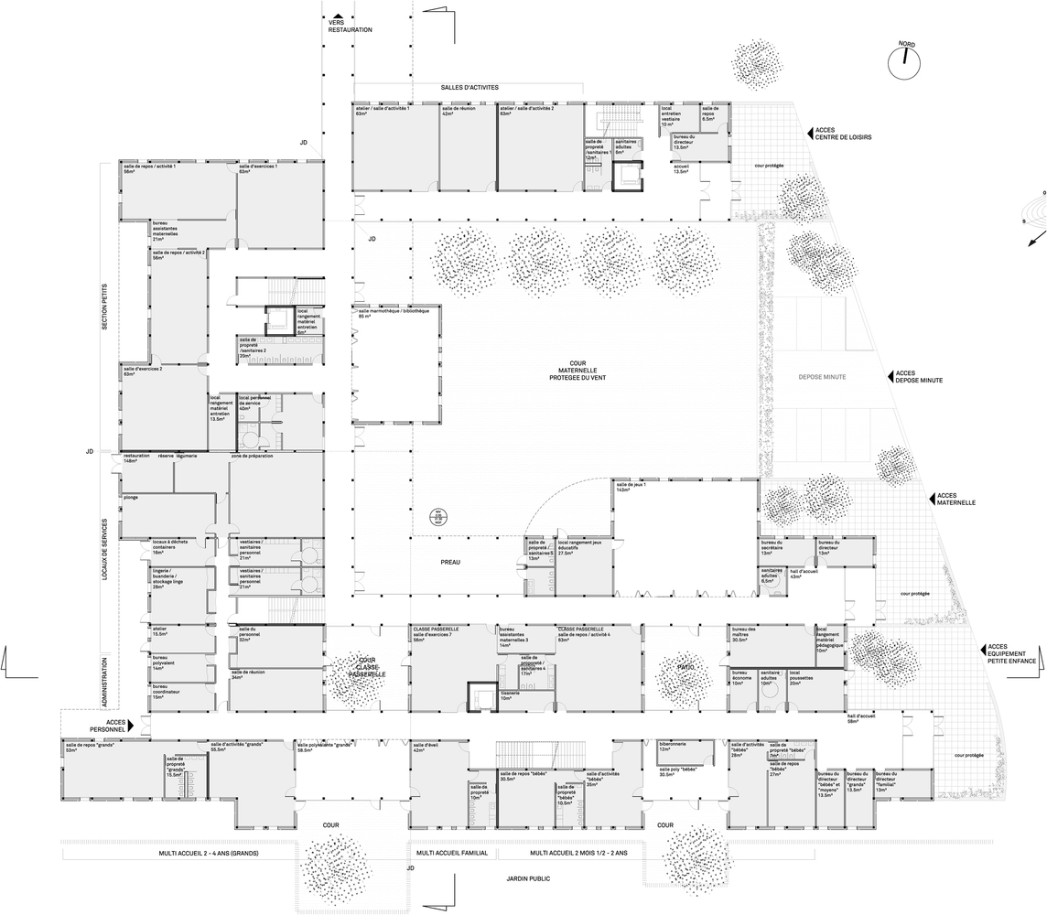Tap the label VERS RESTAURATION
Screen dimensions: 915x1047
350,26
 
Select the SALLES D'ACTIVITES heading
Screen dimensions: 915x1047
470,87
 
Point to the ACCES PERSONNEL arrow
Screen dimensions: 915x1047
143,726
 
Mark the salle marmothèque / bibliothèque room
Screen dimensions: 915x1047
397,366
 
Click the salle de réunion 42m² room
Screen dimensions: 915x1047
468,151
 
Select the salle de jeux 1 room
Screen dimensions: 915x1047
682,535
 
